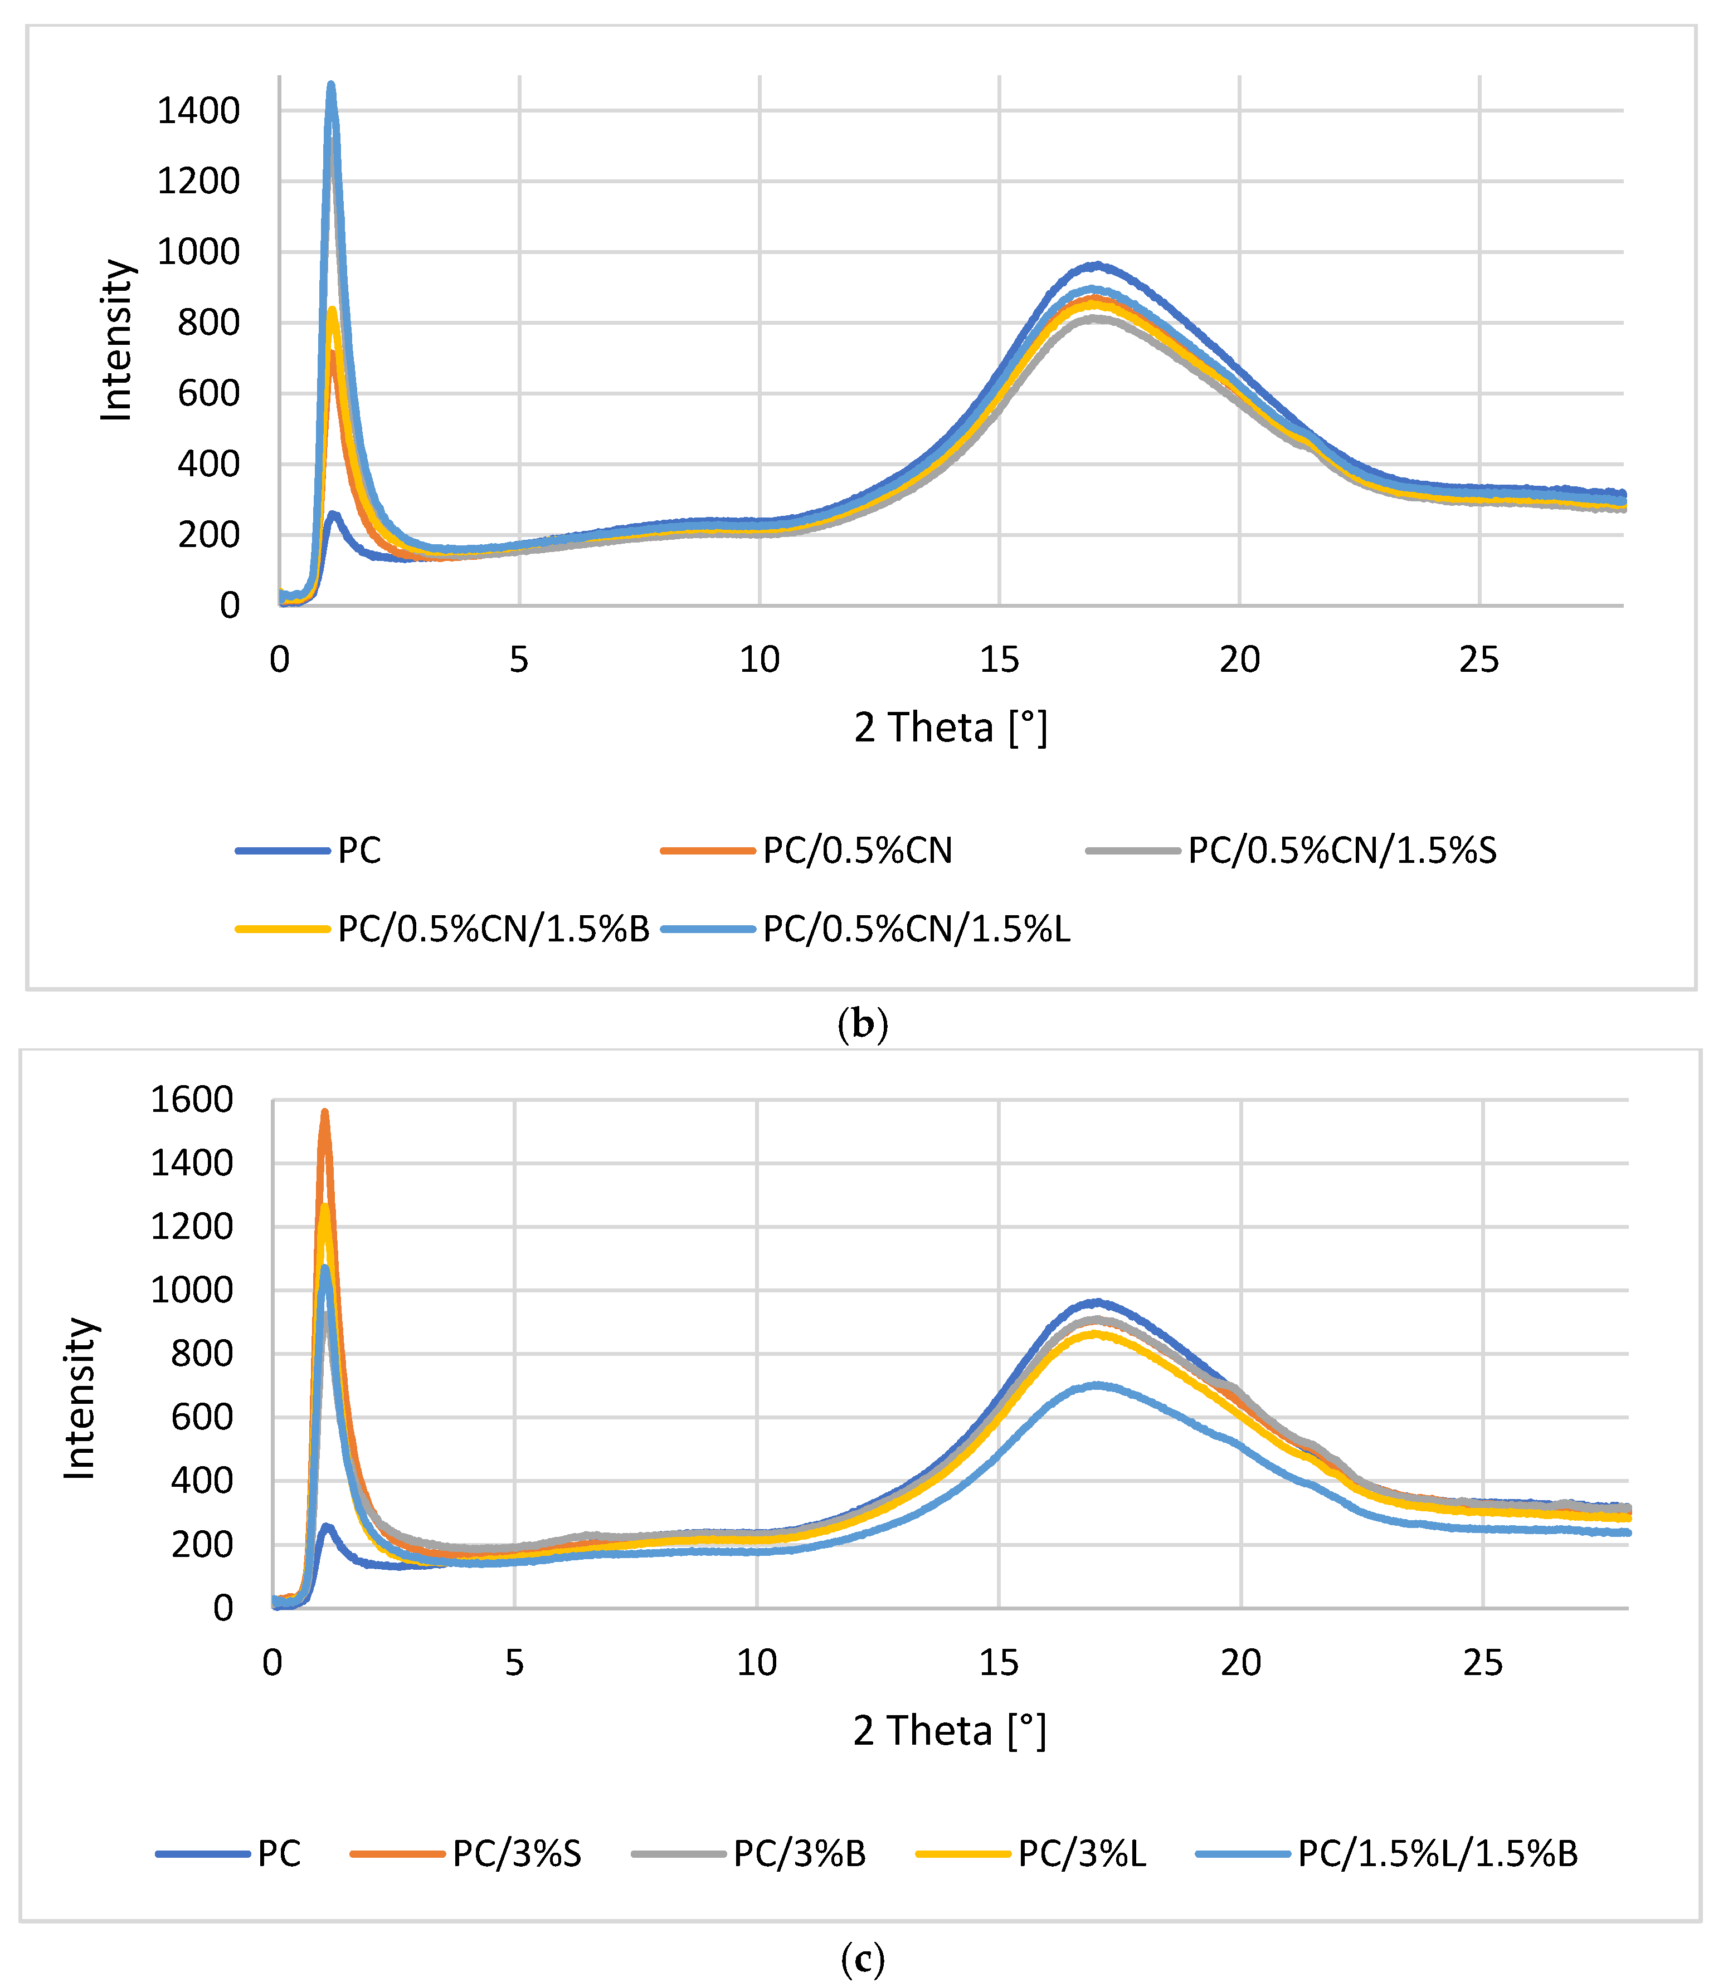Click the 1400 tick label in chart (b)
pyautogui.click(x=198, y=111)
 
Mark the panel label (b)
pyautogui.click(x=862, y=1023)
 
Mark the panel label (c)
pyautogui.click(x=862, y=1958)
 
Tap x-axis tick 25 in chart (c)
pyautogui.click(x=1482, y=1663)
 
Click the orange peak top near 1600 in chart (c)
pyautogui.click(x=325, y=1112)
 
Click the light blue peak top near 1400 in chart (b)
pyautogui.click(x=331, y=85)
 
